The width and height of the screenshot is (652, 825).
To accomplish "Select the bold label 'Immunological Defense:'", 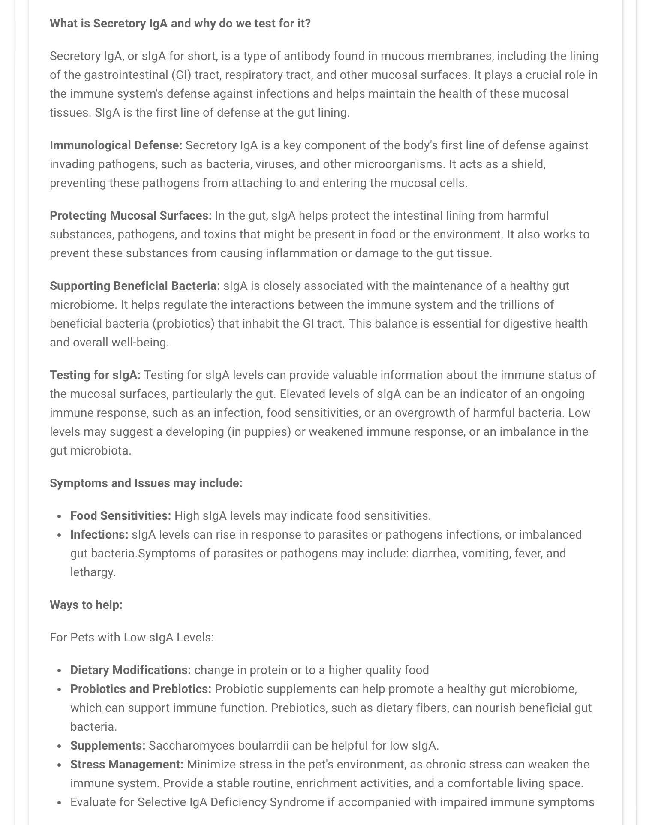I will [x=116, y=145].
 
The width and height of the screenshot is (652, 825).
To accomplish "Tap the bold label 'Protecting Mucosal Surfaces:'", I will [x=130, y=216].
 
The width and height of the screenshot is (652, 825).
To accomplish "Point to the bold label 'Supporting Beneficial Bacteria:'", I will [x=135, y=286].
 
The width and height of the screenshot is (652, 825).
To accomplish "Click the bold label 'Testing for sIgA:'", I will [x=95, y=375].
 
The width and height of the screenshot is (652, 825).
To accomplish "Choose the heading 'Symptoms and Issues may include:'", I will [x=146, y=483].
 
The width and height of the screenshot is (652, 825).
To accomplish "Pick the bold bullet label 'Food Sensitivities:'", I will [x=120, y=516].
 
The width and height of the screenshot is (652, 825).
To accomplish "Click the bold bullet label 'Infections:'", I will [x=99, y=535].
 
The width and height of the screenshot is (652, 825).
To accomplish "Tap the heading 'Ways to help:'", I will [x=86, y=605].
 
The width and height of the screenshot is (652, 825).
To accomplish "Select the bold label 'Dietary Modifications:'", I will [x=130, y=670].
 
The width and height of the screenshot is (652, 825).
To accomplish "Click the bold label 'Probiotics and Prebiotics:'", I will [x=141, y=689].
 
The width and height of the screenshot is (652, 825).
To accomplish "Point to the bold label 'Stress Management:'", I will [x=126, y=765].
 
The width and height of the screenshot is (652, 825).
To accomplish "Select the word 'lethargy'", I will [x=92, y=572].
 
